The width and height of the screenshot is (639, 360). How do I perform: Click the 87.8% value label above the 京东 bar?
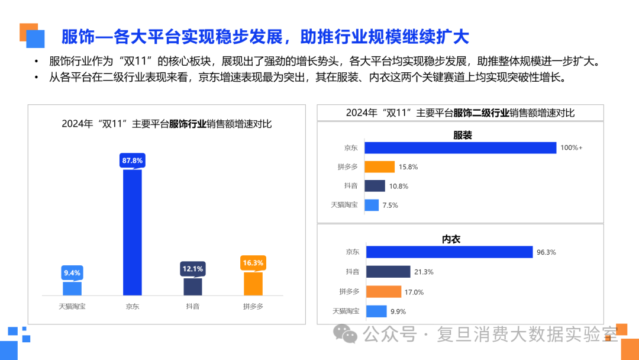pyautogui.click(x=133, y=160)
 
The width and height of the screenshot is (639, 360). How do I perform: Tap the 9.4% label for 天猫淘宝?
pyautogui.click(x=72, y=272)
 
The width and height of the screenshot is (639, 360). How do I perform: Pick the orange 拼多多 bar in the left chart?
pyautogui.click(x=253, y=284)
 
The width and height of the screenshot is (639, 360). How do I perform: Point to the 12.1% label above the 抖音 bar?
pyautogui.click(x=192, y=268)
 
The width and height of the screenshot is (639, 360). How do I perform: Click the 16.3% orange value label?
pyautogui.click(x=253, y=262)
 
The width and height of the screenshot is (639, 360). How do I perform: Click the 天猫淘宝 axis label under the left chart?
pyautogui.click(x=72, y=307)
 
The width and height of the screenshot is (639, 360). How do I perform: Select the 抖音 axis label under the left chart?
pyautogui.click(x=192, y=307)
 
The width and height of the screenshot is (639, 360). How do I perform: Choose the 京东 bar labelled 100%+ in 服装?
pyautogui.click(x=460, y=147)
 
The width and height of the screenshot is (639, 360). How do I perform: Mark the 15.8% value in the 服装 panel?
pyautogui.click(x=408, y=167)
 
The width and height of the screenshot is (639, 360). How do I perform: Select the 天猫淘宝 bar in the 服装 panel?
pyautogui.click(x=372, y=205)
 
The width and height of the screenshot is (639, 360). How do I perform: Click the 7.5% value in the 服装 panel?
pyautogui.click(x=390, y=205)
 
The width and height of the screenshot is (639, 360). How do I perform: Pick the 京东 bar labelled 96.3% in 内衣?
pyautogui.click(x=449, y=252)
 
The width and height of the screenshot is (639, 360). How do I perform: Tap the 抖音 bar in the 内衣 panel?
pyautogui.click(x=388, y=272)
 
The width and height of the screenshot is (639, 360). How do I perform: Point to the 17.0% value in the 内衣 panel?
pyautogui.click(x=414, y=292)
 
